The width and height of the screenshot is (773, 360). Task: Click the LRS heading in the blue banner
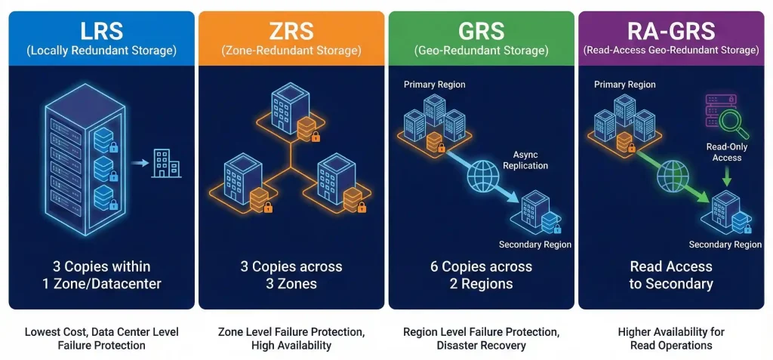point(101,31)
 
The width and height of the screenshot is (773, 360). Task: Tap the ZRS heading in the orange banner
point(291,31)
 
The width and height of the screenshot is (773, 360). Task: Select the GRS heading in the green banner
point(482,31)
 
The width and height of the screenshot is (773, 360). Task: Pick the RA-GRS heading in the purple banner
point(671,31)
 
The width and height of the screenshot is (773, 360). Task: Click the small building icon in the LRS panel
point(166,162)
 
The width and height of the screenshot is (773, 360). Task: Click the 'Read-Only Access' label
point(726,152)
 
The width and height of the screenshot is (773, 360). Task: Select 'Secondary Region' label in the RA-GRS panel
point(725,245)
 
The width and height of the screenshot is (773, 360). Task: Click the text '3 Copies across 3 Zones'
point(291,275)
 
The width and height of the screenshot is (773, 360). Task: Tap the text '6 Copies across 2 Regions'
point(482,275)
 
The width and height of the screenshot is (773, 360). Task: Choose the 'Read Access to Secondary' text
point(671,275)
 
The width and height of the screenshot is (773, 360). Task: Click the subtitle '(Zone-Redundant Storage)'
point(291,51)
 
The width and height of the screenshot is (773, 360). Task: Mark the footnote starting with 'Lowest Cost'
point(101,338)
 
